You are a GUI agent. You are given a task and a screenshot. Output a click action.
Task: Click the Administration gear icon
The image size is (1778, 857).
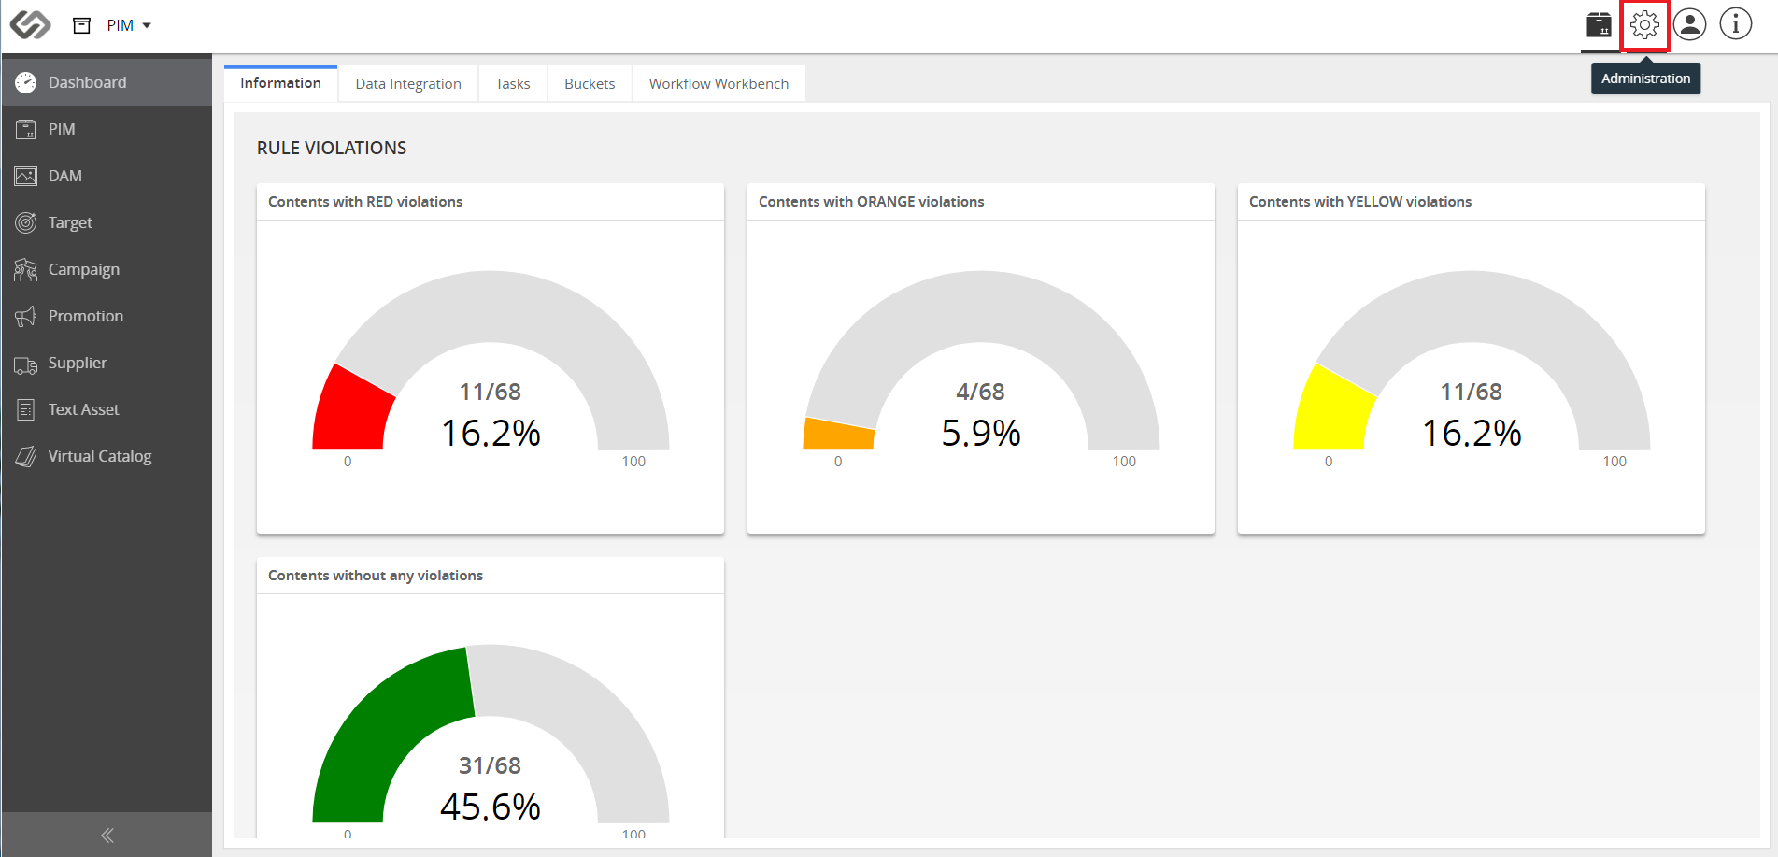(1644, 24)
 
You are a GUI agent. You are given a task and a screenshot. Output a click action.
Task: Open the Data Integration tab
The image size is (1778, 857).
(408, 83)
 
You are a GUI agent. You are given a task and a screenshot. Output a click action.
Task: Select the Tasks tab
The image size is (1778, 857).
(513, 83)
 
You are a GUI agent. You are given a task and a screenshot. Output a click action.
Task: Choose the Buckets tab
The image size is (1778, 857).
(590, 83)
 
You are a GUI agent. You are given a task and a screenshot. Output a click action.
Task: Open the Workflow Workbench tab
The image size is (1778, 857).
(718, 83)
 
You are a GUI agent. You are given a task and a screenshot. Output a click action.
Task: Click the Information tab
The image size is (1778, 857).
(280, 82)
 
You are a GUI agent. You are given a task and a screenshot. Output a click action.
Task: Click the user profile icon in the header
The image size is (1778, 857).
(1690, 24)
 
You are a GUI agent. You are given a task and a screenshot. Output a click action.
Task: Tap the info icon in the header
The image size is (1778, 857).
(1736, 24)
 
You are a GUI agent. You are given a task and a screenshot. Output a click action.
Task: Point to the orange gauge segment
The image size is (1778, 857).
(838, 434)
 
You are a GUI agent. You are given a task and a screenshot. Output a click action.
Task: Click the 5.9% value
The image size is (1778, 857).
(981, 433)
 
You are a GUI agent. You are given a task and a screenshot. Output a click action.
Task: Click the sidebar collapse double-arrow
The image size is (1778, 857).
(107, 836)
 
